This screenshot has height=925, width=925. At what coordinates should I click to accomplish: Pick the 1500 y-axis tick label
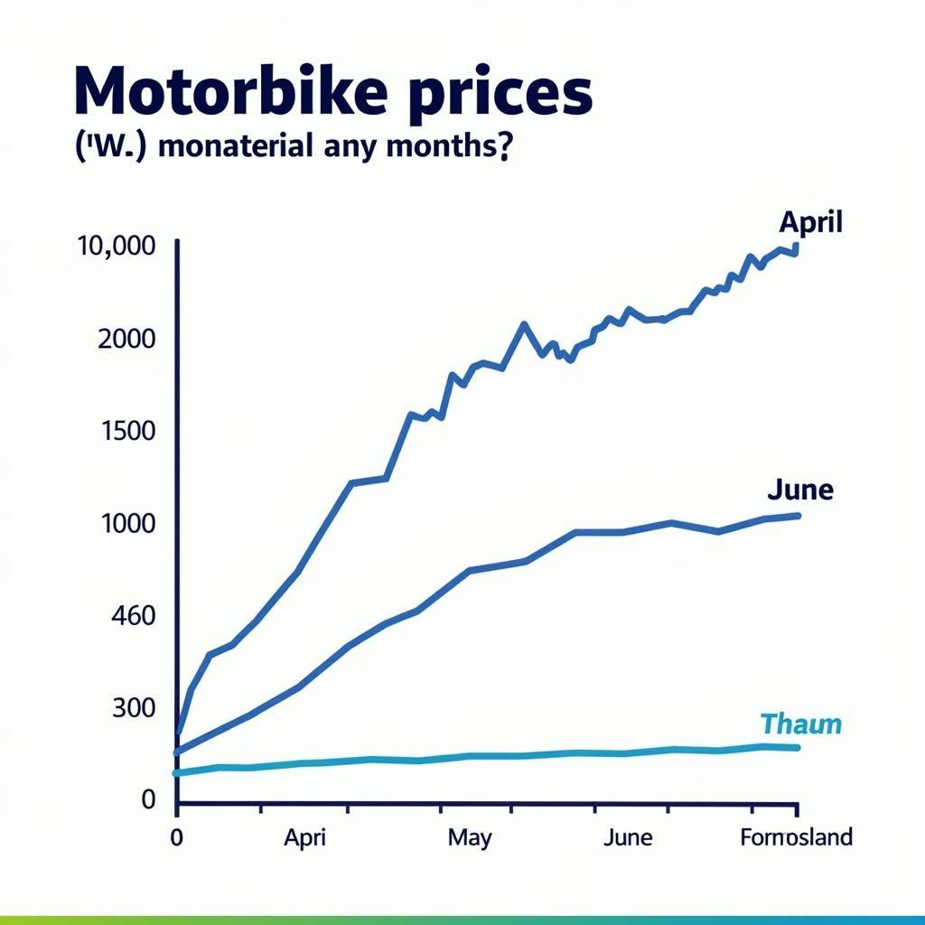pos(129,431)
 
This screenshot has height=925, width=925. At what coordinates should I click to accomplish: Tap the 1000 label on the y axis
pos(129,524)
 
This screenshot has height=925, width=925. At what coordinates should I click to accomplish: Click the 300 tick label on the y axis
pos(135,708)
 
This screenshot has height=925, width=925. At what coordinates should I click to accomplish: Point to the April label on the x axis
pos(304,837)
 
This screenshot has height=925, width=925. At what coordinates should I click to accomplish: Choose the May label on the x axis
pos(470,837)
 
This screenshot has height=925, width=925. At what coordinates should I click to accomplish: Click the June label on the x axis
pos(627,837)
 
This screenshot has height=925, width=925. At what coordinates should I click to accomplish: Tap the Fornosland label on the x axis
pos(796,837)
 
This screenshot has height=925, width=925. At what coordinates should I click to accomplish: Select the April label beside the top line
pos(810,222)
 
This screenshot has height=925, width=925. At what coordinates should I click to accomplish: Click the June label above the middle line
pos(799,491)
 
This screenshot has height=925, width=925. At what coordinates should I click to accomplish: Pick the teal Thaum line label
pos(800,724)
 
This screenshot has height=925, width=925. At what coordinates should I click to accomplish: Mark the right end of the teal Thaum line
pos(796,747)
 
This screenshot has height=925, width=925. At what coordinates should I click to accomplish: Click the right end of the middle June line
pos(798,516)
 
